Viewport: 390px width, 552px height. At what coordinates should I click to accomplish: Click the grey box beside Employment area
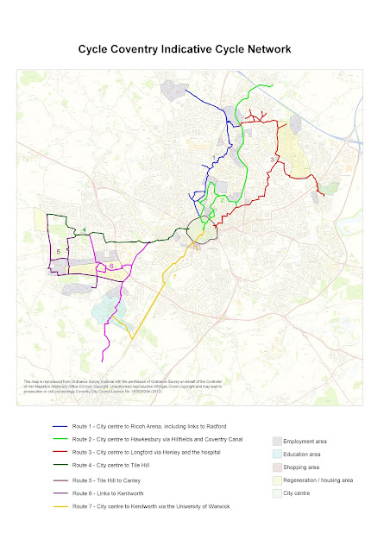click(278, 441)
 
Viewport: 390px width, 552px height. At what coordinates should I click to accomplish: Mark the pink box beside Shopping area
click(278, 466)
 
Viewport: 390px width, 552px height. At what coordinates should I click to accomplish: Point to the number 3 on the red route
click(273, 160)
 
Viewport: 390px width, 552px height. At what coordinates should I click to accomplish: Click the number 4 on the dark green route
click(84, 229)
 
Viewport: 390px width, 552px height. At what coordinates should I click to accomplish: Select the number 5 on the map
click(58, 251)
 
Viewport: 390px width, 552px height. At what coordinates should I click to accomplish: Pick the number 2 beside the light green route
click(223, 199)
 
